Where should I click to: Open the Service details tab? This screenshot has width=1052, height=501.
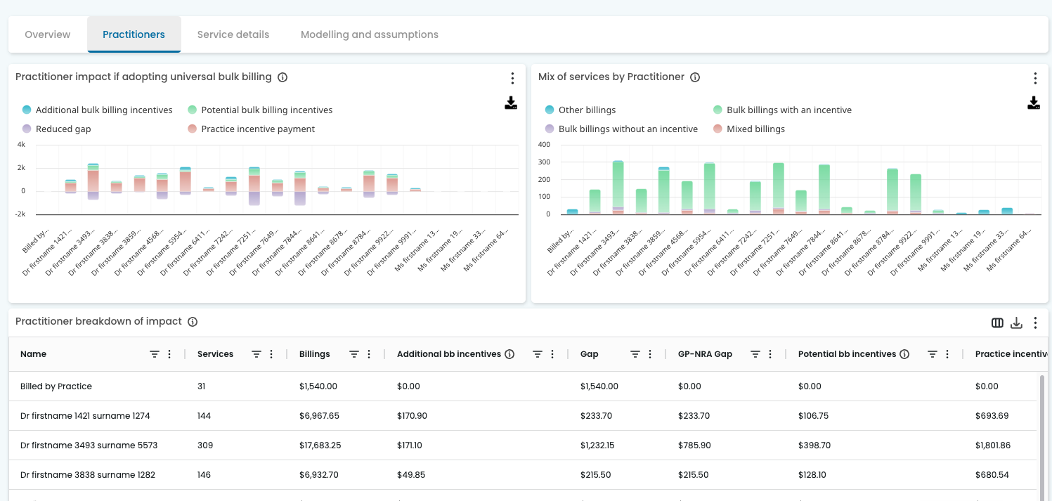(x=233, y=34)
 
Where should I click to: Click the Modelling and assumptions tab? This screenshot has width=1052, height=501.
(x=369, y=34)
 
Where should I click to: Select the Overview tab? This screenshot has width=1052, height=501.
(x=48, y=34)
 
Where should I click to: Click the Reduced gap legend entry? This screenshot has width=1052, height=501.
(x=63, y=129)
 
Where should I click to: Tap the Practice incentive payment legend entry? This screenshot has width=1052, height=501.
(x=257, y=129)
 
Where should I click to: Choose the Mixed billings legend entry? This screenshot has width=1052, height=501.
(x=755, y=129)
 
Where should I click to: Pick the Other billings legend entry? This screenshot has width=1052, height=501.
(x=587, y=110)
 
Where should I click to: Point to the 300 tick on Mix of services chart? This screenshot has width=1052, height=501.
(x=544, y=162)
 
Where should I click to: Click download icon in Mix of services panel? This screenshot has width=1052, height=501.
(x=1034, y=103)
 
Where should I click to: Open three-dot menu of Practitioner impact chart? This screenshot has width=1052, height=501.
(x=512, y=78)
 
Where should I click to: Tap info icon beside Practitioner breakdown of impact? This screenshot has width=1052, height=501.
(x=193, y=322)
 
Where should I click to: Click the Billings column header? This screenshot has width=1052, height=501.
(x=314, y=354)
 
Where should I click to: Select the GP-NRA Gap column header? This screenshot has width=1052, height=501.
(x=705, y=354)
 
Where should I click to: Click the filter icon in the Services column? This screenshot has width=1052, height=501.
(x=256, y=354)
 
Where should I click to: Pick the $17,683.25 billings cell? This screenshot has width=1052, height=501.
(x=320, y=445)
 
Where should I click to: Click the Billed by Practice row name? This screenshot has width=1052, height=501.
(x=56, y=386)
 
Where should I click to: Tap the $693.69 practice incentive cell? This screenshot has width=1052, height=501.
(x=992, y=416)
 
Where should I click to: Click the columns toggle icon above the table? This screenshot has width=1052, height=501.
(x=997, y=323)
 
